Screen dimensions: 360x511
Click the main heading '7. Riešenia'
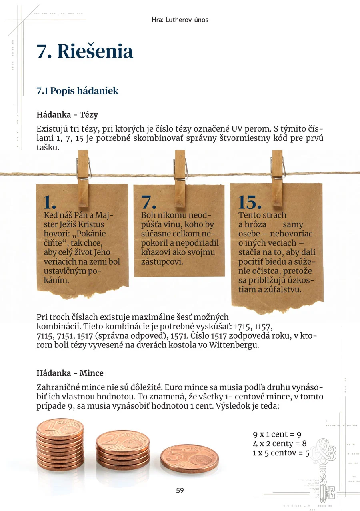[85, 51]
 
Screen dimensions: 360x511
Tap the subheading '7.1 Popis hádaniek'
[78, 91]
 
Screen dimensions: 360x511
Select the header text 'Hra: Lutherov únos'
[180, 20]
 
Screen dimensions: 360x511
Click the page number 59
[180, 490]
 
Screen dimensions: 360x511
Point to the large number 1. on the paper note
[50, 202]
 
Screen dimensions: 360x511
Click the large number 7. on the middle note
[148, 202]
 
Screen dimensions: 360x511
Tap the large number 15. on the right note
[250, 202]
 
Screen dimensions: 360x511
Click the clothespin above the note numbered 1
[83, 178]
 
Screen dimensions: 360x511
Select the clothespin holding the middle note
[180, 178]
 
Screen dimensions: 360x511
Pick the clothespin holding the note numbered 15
[277, 178]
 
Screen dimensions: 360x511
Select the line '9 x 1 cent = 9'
[277, 434]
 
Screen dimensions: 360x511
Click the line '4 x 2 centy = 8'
[280, 443]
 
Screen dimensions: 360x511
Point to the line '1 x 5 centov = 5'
[281, 453]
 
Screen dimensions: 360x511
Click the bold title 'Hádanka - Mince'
[70, 373]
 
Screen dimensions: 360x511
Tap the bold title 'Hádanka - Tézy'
[67, 115]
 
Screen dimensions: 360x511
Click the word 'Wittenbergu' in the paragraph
[234, 345]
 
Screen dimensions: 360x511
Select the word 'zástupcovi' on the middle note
[162, 262]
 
